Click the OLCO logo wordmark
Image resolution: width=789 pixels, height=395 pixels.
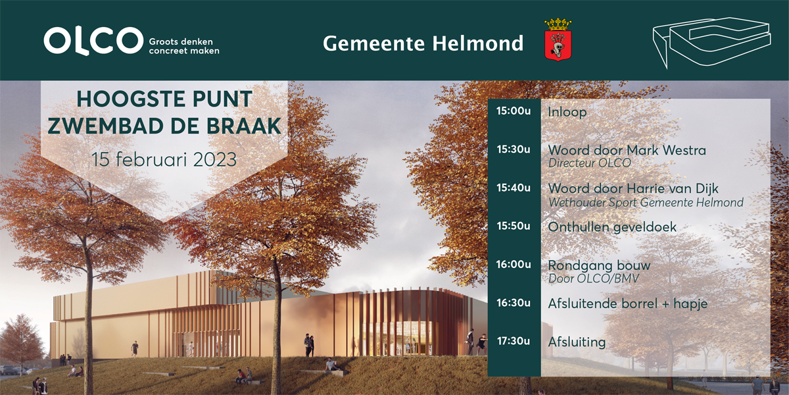point(93,41)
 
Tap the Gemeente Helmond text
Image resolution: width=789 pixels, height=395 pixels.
point(423,43)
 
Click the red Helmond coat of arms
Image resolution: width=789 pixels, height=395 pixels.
point(558,40)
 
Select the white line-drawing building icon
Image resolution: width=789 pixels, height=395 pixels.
point(711,42)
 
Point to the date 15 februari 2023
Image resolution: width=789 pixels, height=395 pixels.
point(164,159)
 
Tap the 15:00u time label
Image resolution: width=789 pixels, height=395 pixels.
point(514,111)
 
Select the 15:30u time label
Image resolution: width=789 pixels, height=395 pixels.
point(514,149)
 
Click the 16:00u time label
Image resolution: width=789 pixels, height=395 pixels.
point(514,265)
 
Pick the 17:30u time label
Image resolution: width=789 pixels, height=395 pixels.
point(514,341)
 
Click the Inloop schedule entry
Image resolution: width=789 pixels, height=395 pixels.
point(567,112)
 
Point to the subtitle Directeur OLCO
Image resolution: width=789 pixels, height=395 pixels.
point(590,163)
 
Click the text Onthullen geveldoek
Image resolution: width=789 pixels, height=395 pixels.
point(612,227)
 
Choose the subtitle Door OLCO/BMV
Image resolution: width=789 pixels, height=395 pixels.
point(594,278)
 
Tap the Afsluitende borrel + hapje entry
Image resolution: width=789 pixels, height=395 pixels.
point(628,304)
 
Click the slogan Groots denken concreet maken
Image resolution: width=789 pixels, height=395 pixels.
point(184,46)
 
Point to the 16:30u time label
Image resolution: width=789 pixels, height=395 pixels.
point(514,303)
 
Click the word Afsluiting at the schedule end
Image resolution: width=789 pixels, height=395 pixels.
point(577,342)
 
